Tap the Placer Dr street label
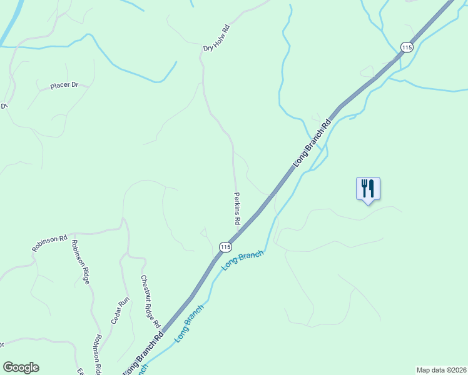(64, 86)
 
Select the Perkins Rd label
(238, 207)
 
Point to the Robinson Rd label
(49, 243)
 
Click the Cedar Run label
(120, 310)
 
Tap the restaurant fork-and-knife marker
(368, 187)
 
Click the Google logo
(21, 367)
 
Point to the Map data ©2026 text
(442, 370)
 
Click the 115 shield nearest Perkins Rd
(225, 247)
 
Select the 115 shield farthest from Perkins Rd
(407, 47)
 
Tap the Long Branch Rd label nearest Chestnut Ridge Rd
(144, 354)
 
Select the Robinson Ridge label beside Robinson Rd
(81, 262)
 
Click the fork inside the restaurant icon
(364, 187)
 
